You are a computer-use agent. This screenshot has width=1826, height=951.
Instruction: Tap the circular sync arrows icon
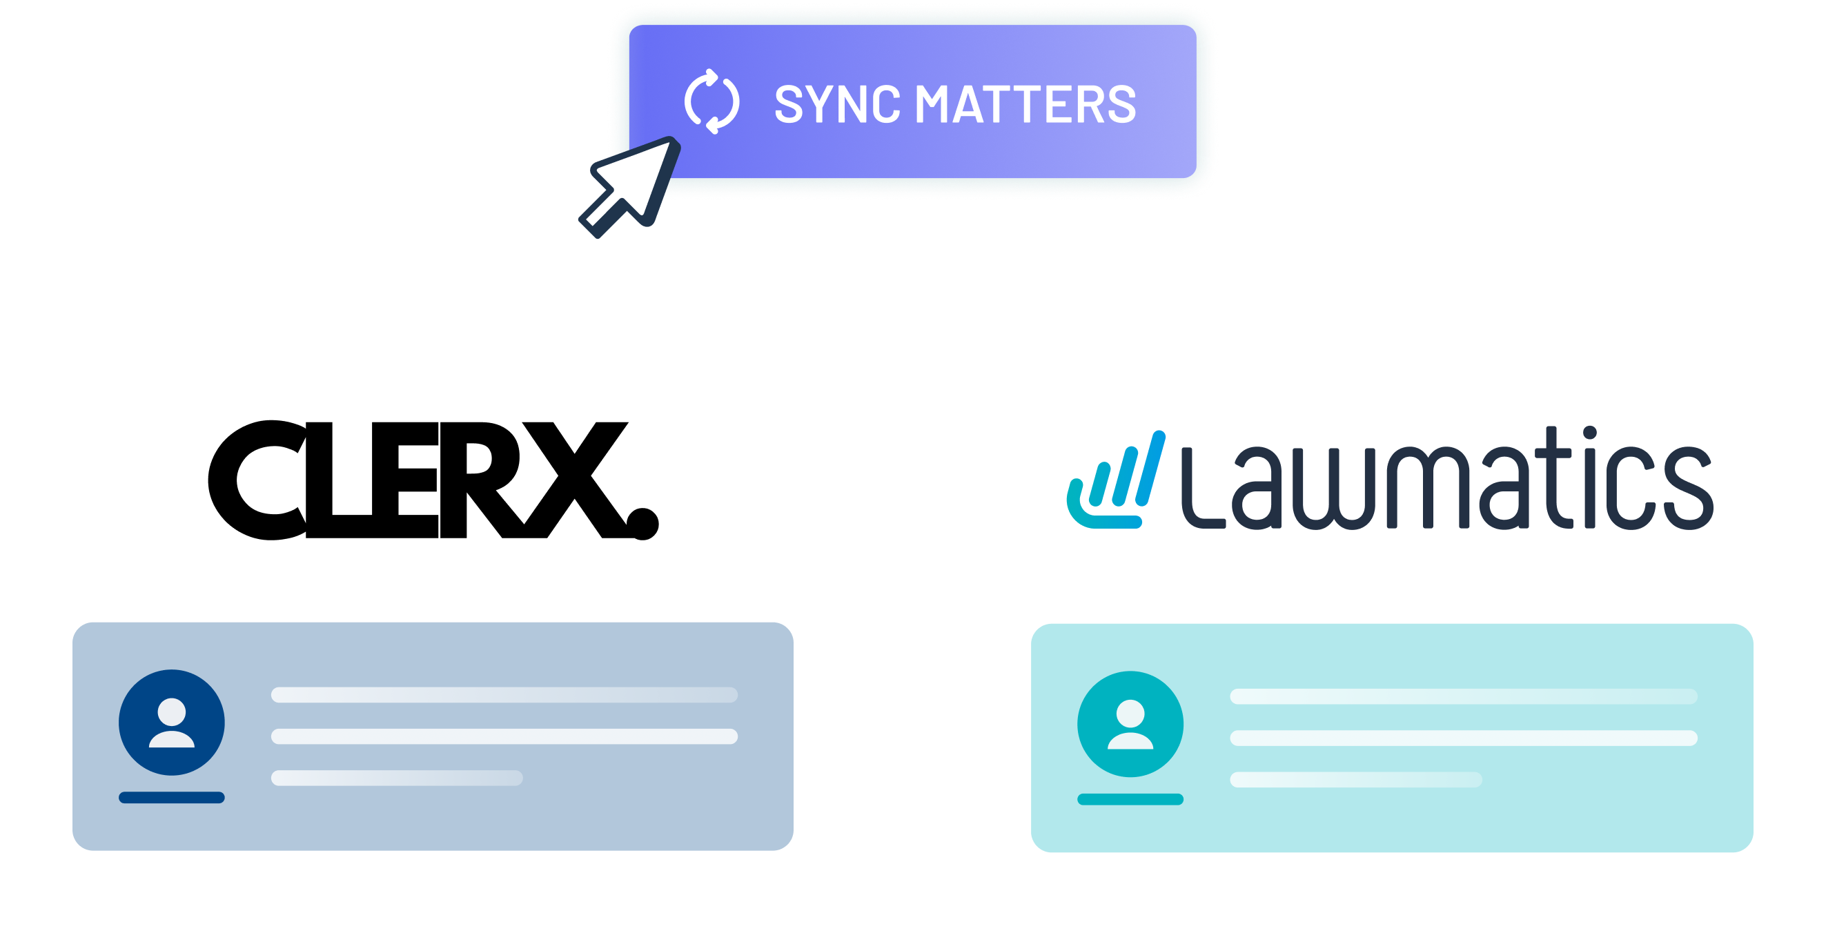pos(711,101)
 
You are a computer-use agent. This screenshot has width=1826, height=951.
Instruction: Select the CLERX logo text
pos(433,480)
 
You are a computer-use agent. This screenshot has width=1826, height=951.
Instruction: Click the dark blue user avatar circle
pos(172,722)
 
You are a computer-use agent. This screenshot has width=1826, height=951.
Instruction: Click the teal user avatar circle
pos(1130,723)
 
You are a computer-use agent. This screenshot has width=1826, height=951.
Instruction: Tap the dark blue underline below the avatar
pos(172,798)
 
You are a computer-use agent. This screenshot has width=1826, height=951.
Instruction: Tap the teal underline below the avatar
pos(1130,799)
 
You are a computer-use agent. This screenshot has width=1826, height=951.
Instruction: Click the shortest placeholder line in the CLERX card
pos(397,778)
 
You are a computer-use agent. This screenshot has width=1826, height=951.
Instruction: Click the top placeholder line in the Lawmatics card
pos(1463,696)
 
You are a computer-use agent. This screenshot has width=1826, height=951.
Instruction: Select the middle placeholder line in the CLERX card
pos(504,736)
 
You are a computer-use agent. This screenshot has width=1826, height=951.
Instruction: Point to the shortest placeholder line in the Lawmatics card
pos(1355,780)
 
